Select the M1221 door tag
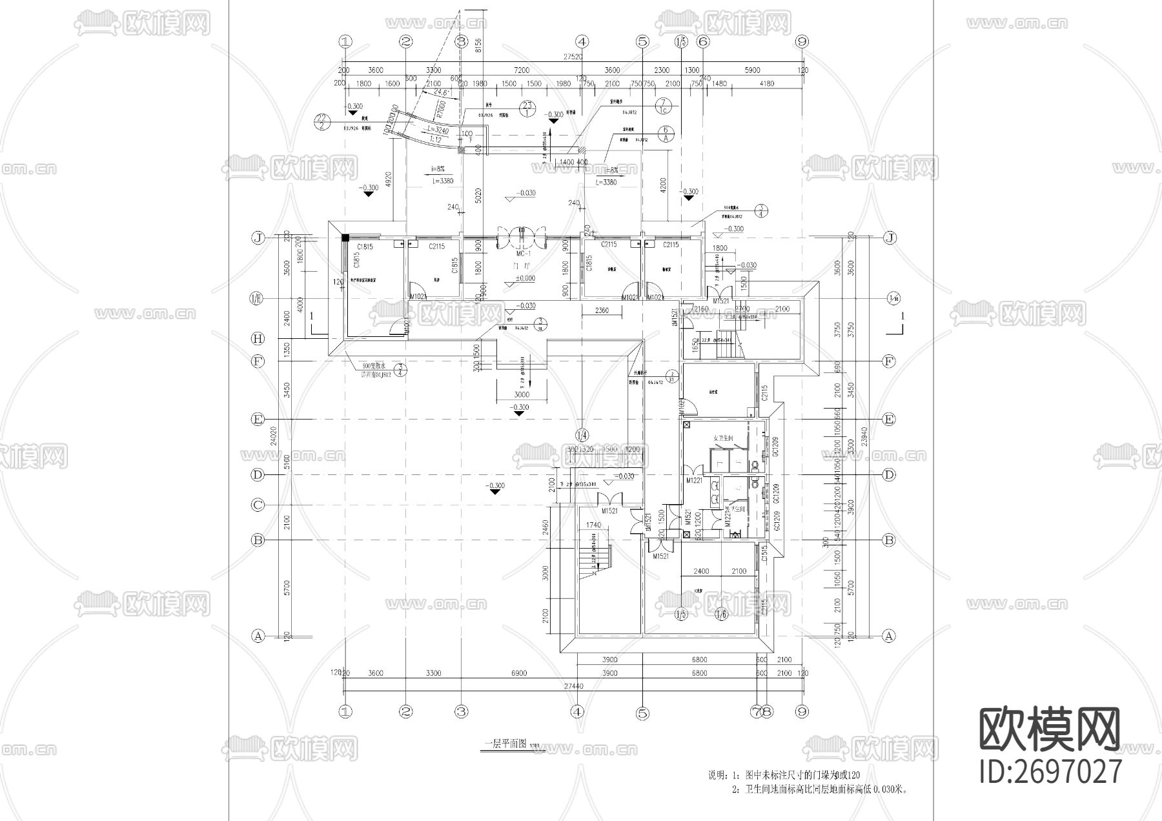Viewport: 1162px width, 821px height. (694, 480)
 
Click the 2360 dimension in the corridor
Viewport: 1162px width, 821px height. (601, 311)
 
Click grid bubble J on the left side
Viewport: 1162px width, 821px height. (258, 238)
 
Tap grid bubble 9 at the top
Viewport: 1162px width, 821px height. (802, 42)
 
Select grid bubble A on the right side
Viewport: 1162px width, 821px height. (889, 636)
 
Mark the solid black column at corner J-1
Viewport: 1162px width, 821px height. (345, 238)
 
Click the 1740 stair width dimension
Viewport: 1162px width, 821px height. (593, 525)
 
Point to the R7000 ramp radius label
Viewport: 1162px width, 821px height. (442, 106)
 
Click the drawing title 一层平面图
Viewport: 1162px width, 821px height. (505, 743)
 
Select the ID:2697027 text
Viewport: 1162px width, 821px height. (1051, 772)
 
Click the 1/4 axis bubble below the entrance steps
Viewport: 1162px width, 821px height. (582, 434)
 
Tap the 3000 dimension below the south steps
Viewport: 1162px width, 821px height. (522, 394)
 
